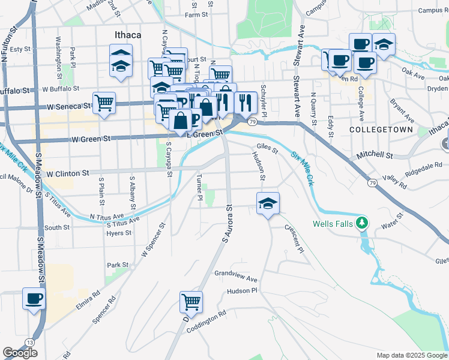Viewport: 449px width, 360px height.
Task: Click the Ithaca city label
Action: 128,35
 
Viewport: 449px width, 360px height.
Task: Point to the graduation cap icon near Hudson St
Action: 268,204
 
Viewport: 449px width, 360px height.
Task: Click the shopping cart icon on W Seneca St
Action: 104,103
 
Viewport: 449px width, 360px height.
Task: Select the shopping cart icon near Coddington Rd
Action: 191,302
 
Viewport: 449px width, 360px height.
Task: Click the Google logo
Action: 20,353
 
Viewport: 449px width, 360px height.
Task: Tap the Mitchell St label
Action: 374,155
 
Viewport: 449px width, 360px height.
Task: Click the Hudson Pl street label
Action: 242,290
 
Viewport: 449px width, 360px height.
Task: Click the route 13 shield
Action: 29,342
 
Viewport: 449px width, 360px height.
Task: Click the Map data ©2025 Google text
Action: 411,355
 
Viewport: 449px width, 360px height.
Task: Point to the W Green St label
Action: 91,140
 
